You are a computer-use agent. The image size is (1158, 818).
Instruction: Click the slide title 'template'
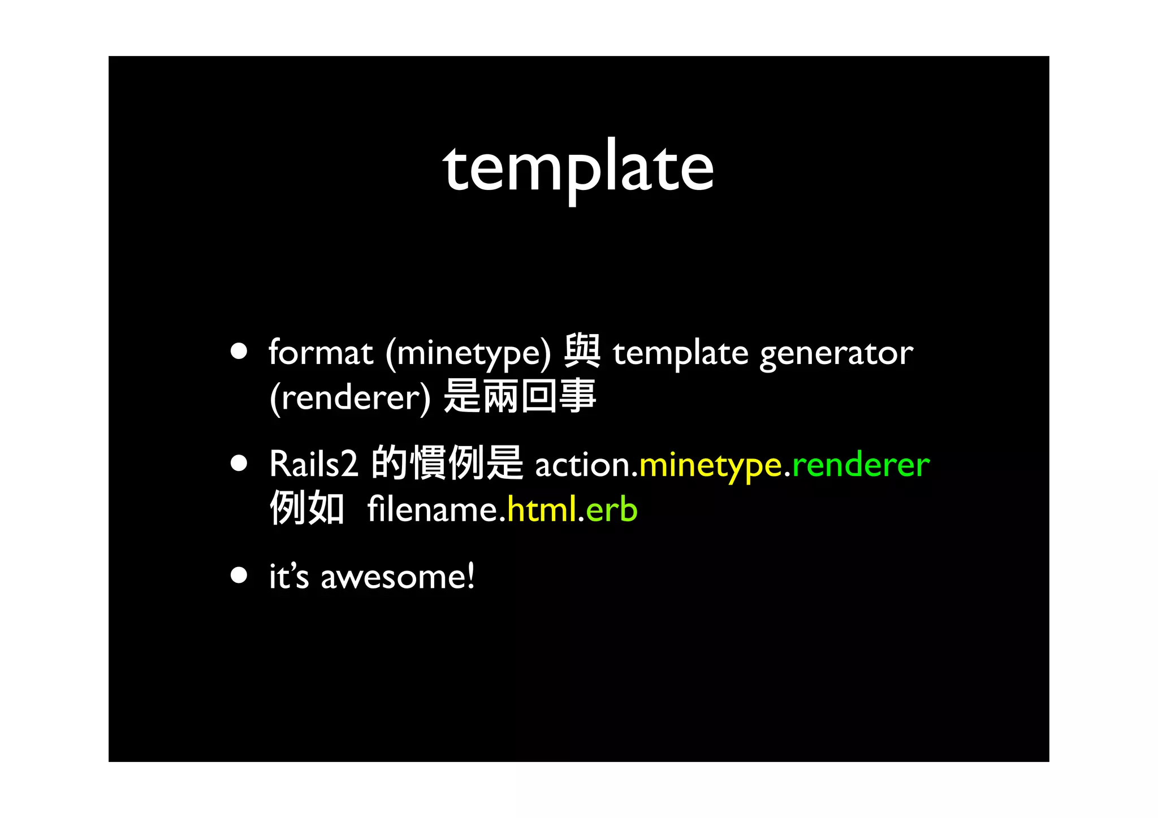(x=578, y=168)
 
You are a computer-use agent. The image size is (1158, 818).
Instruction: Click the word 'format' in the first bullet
(x=321, y=353)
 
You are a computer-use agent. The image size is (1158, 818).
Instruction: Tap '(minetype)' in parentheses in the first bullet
(x=468, y=354)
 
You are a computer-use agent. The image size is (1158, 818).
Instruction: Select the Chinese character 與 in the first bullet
(x=582, y=351)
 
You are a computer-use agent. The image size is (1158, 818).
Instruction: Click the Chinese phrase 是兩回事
(x=520, y=396)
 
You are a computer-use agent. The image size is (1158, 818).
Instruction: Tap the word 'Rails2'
(x=314, y=464)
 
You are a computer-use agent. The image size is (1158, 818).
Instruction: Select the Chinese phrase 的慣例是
(x=447, y=462)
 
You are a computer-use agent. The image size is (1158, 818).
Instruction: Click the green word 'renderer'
(x=861, y=465)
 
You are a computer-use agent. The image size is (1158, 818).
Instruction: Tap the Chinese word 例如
(x=307, y=508)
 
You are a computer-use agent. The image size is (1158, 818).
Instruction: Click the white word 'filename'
(x=432, y=509)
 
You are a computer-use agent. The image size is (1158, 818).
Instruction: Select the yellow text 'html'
(x=542, y=509)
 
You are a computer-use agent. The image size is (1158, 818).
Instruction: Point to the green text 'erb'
(x=612, y=509)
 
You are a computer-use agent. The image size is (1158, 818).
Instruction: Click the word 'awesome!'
(x=397, y=577)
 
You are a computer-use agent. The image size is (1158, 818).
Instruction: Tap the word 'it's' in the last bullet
(x=289, y=577)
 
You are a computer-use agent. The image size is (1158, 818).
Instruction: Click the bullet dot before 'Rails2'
(x=239, y=464)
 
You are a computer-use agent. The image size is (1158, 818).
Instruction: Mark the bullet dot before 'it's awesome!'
(x=239, y=575)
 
